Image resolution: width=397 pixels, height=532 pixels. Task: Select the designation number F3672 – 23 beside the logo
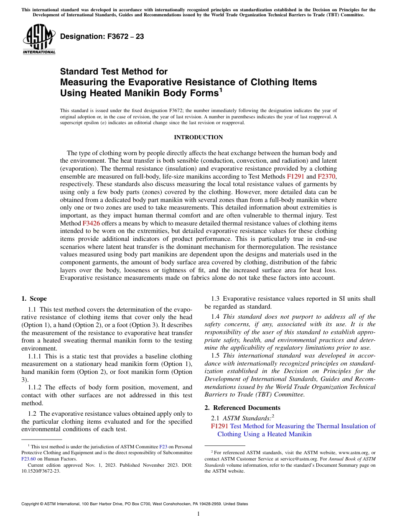(x=102, y=36)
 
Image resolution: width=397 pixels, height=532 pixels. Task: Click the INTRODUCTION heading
(x=198, y=137)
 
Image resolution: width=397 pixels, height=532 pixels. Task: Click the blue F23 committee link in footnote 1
(x=163, y=447)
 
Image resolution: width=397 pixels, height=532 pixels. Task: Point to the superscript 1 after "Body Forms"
(x=221, y=90)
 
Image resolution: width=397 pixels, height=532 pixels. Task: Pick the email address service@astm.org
(x=287, y=458)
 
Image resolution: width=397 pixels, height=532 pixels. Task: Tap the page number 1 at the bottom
(x=198, y=514)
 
